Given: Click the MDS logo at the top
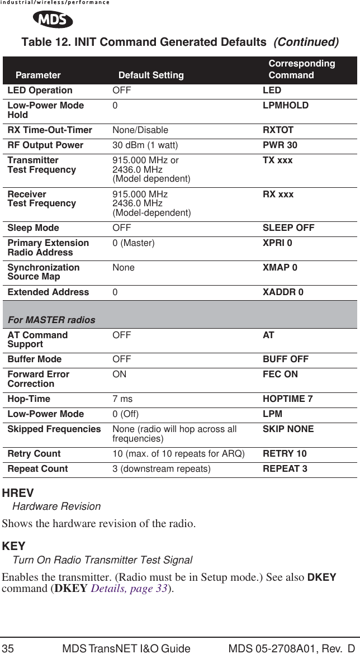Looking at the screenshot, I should point(53,20).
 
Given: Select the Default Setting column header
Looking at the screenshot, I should point(150,75).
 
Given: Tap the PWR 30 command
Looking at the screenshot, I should point(280,145).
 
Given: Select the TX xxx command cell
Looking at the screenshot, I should point(277,161).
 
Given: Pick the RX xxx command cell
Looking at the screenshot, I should point(278,195).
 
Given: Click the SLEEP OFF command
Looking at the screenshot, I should point(288,228).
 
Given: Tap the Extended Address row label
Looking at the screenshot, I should point(48,292).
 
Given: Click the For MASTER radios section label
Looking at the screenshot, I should point(51,320).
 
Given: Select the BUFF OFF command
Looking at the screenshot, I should point(286,359).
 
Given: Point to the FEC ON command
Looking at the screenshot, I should point(280,374).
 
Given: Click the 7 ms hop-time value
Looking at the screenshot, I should point(122,399).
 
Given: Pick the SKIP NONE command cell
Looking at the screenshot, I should point(288,429).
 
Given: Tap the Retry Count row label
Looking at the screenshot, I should point(34,453).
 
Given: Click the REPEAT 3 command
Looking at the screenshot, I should point(285,468).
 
